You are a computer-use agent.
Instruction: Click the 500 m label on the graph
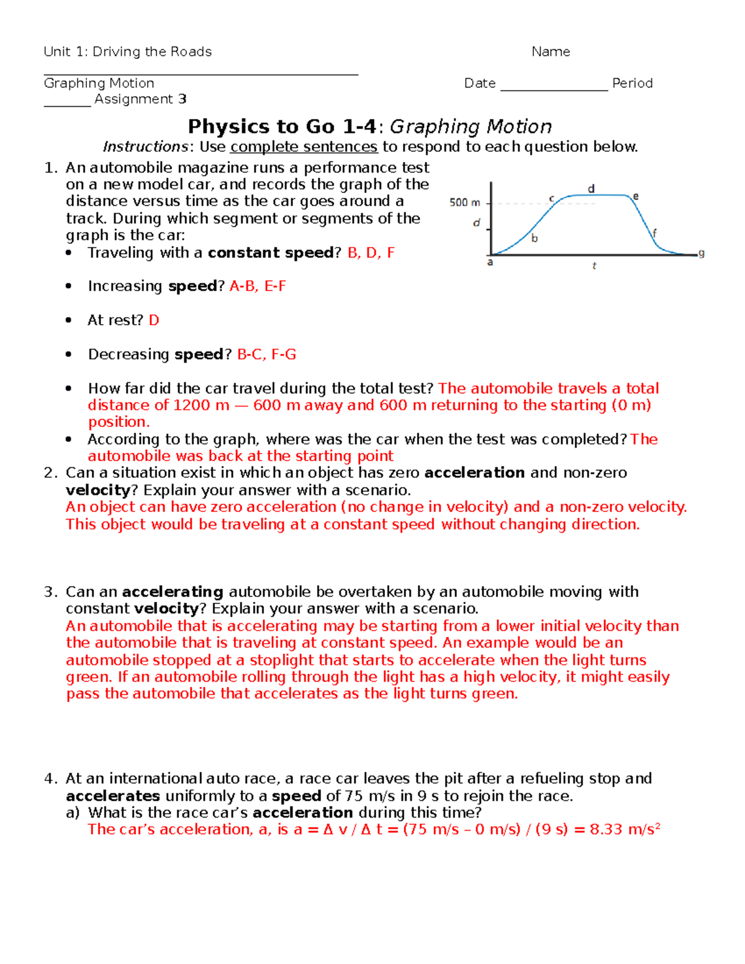(464, 202)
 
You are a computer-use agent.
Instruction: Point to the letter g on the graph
(702, 253)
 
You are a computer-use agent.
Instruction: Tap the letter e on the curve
(636, 196)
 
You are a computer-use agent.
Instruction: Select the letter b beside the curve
(535, 238)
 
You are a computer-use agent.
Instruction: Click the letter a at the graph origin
(490, 263)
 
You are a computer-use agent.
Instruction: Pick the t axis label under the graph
(594, 266)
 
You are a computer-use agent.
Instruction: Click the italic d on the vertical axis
(476, 223)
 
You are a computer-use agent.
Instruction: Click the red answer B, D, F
(371, 253)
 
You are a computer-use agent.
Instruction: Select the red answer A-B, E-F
(258, 286)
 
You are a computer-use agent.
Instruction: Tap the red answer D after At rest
(154, 320)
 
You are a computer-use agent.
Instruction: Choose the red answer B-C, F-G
(266, 354)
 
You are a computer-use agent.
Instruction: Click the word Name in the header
(551, 52)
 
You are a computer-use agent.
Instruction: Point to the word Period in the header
(632, 83)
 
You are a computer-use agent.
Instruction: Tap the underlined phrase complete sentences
(304, 146)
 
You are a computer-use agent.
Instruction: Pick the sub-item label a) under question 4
(73, 813)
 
